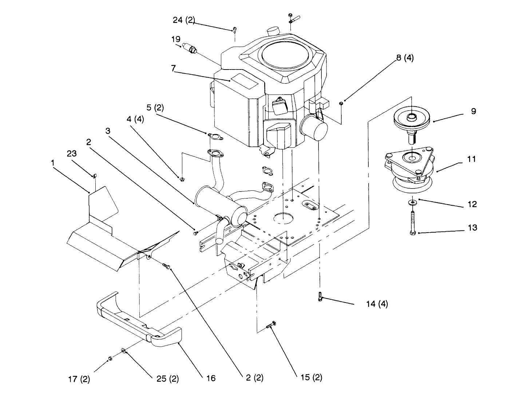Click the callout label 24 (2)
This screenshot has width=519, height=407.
(x=184, y=20)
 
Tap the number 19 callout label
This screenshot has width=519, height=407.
(x=176, y=39)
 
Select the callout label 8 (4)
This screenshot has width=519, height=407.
(x=405, y=58)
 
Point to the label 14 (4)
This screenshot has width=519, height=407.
(x=377, y=304)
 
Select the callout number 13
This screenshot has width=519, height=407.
(x=472, y=228)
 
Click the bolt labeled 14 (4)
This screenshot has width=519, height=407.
(x=320, y=297)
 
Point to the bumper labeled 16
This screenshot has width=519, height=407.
(x=138, y=320)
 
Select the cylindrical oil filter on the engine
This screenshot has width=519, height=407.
(x=314, y=127)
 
